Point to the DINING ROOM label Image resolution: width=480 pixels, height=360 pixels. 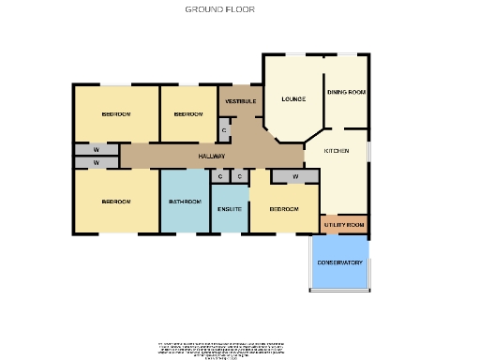346,92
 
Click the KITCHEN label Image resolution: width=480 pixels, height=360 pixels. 337,151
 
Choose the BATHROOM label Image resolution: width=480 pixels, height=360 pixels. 185,202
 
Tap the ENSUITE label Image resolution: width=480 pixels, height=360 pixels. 231,208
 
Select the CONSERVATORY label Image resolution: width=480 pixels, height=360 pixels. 339,262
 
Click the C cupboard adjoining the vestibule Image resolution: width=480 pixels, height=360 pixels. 224,130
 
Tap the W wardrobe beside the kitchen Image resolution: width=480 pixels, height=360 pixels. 295,176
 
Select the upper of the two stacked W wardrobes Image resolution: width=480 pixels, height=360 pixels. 96,150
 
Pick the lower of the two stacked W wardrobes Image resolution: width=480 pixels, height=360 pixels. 96,163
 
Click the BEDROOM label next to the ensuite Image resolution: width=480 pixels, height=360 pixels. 283,208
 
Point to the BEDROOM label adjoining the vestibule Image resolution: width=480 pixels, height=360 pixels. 188,113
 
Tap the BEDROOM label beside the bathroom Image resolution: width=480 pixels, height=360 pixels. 116,202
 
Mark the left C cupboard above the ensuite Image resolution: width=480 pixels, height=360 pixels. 219,176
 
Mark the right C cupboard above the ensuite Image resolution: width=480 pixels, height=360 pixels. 239,176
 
